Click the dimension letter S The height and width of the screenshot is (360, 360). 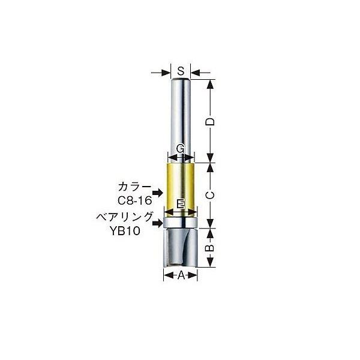[181, 70]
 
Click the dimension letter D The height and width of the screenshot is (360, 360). [211, 122]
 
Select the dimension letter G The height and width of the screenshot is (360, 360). [181, 148]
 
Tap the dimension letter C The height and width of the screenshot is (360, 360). [211, 194]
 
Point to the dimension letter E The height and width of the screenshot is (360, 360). [181, 204]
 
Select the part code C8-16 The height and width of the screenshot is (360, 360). [134, 200]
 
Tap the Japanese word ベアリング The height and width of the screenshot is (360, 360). [125, 217]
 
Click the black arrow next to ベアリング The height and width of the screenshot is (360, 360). [158, 223]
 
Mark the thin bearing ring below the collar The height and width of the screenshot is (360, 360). [181, 224]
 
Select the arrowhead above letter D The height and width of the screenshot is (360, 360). [211, 83]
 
